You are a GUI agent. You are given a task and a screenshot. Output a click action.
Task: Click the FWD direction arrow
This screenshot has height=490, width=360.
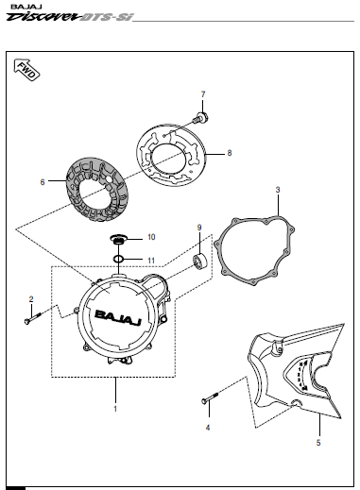coord(26,70)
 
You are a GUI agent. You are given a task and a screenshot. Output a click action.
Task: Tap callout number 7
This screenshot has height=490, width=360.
coord(203,94)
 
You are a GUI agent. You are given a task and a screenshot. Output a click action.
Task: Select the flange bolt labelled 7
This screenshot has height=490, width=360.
coord(200,118)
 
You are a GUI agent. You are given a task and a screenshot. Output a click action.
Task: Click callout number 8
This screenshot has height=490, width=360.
coord(230,153)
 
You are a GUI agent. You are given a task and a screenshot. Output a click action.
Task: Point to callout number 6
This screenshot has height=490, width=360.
coord(43,182)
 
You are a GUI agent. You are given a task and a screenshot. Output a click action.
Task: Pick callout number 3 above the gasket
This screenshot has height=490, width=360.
coord(278,190)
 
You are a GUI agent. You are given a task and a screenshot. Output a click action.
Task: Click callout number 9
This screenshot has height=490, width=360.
coord(199,228)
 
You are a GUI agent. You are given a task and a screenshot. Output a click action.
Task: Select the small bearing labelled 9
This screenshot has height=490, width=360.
coord(199,262)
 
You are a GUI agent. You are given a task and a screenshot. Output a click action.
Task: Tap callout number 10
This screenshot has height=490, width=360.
coord(151,237)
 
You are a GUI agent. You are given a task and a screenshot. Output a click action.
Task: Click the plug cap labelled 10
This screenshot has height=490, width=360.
coord(118,240)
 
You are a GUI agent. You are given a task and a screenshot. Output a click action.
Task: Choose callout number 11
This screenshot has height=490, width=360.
coord(151,261)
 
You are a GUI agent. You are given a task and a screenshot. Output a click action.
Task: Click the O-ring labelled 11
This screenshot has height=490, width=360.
coord(118,259)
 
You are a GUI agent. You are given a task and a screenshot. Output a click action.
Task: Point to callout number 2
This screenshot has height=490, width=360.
coord(31,299)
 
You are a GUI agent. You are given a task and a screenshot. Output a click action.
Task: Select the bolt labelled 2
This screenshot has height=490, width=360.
coord(33,317)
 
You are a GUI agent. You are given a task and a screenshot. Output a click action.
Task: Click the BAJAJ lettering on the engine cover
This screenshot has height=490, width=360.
coord(118,317)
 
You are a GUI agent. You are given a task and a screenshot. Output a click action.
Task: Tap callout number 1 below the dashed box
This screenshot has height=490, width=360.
coord(115,409)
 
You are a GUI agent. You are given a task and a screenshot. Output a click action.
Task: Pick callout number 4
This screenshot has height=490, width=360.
coord(208,428)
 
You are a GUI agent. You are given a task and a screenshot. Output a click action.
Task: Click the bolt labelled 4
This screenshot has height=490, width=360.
coord(210,397)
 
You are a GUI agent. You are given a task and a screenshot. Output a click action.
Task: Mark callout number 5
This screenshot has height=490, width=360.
coord(318,443)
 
